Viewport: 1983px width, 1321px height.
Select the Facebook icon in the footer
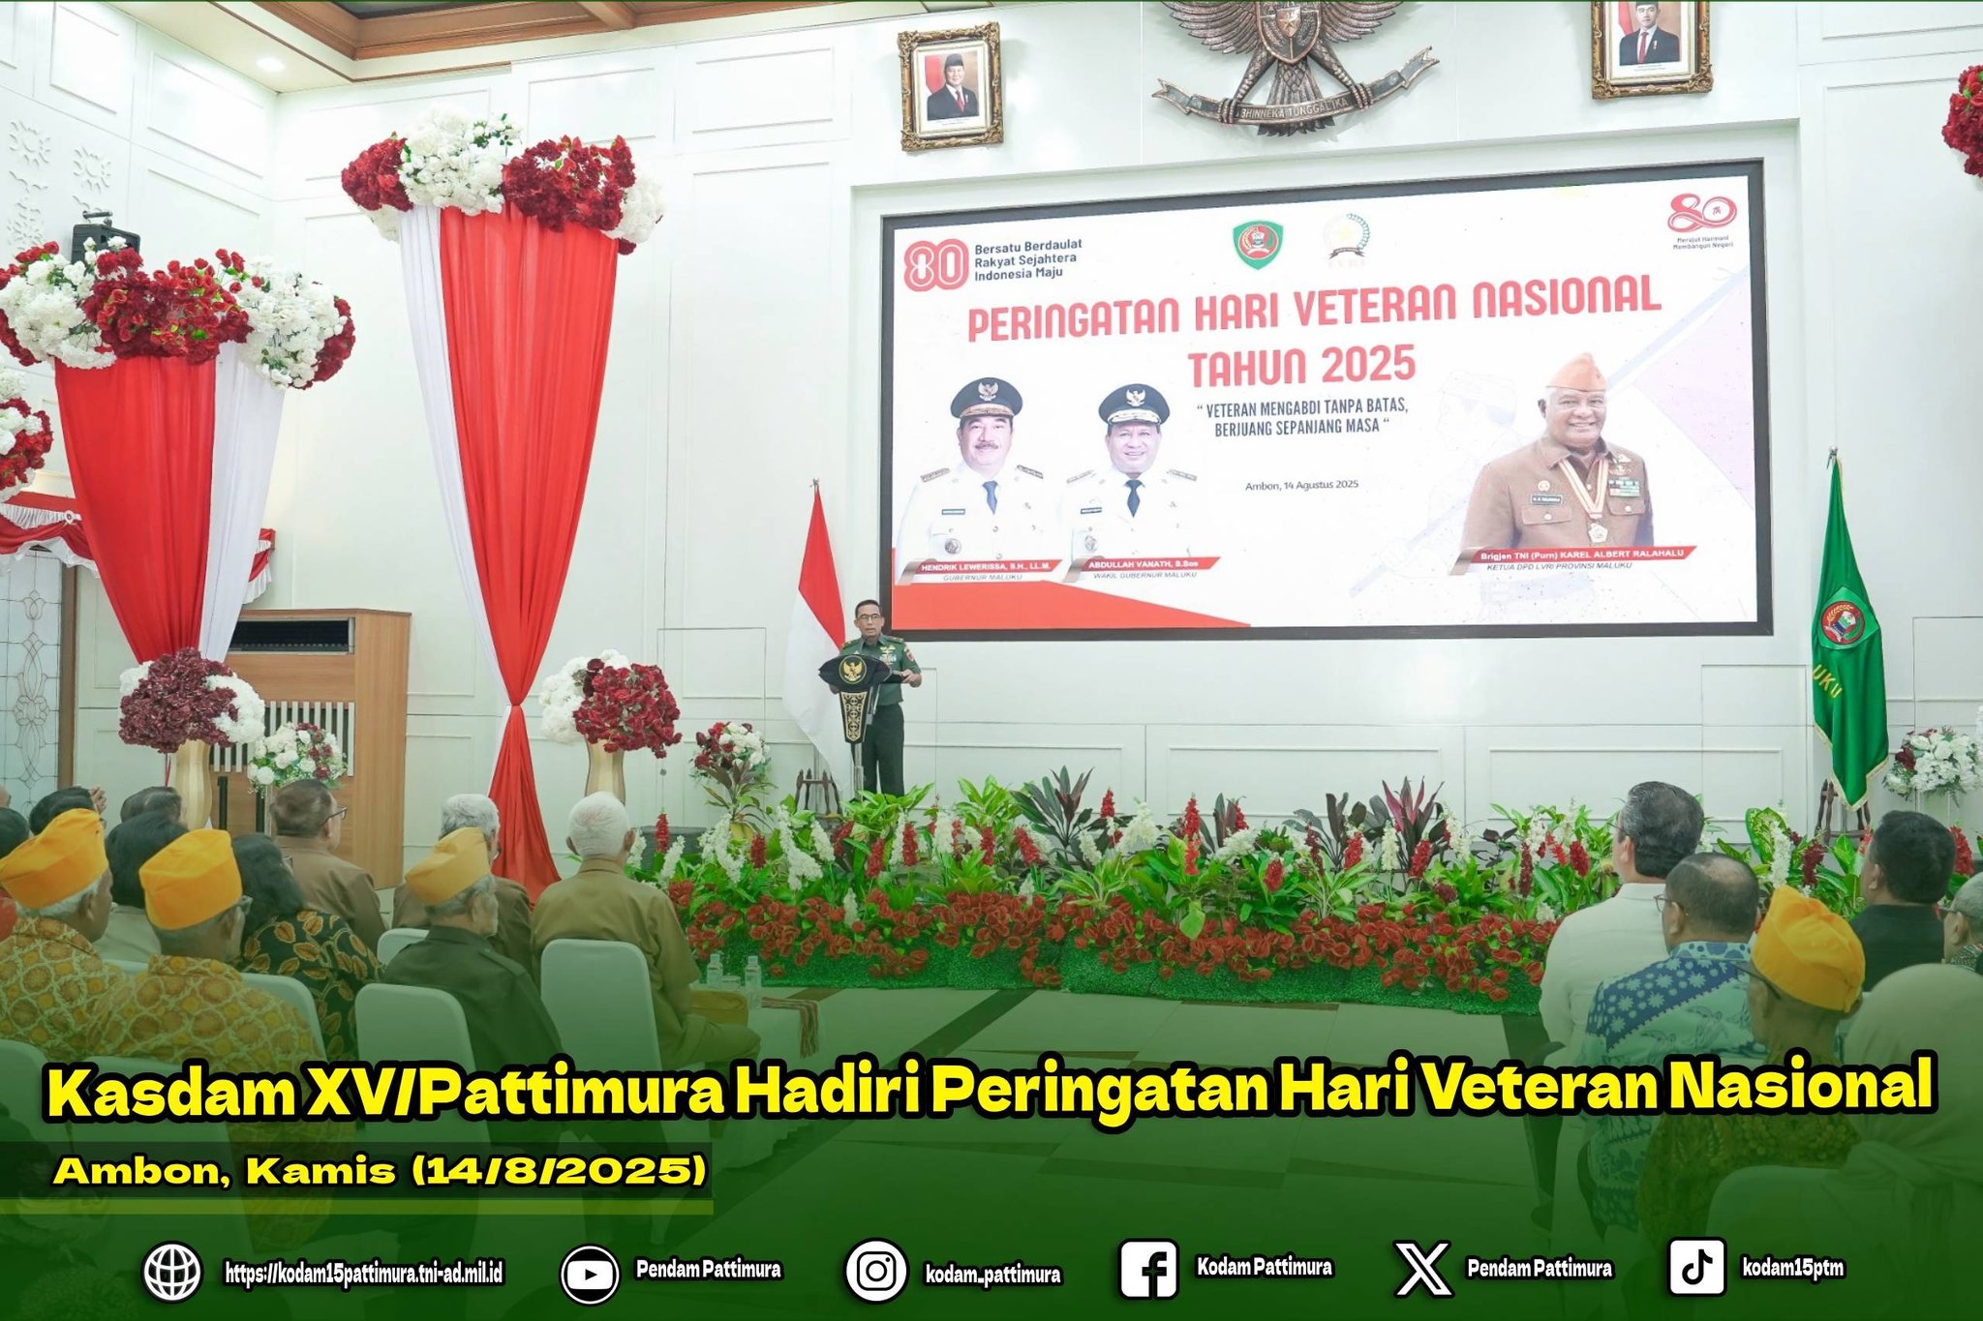[x=1148, y=1270]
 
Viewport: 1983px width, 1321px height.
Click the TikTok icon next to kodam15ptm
[x=1696, y=1268]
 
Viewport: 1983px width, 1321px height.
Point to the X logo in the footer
[x=1423, y=1270]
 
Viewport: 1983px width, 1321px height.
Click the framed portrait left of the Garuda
[x=951, y=87]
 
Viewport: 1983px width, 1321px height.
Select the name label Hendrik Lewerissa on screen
[x=978, y=564]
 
